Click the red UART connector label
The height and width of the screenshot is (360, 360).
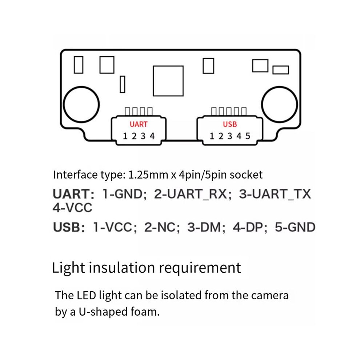coord(139,124)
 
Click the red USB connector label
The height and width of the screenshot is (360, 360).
coord(230,124)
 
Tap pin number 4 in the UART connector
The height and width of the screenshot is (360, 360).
coord(152,136)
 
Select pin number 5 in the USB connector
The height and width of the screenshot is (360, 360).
coord(248,136)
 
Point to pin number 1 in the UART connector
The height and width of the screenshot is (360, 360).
coord(125,136)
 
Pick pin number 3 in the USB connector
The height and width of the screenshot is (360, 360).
coord(230,136)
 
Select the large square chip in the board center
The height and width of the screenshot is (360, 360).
coord(168,81)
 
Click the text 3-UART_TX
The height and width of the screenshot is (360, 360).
coord(275,194)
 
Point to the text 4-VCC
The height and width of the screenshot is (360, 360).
coord(72,208)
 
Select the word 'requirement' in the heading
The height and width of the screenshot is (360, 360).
coord(200,268)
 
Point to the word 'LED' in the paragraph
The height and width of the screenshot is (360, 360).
coord(86,295)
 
